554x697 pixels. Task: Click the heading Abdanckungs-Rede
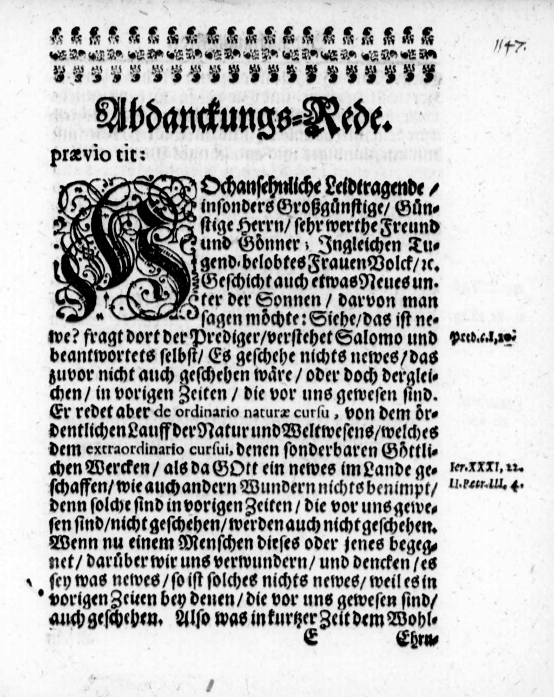[x=241, y=115]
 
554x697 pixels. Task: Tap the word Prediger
[x=221, y=339]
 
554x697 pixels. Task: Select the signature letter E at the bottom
[x=310, y=639]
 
